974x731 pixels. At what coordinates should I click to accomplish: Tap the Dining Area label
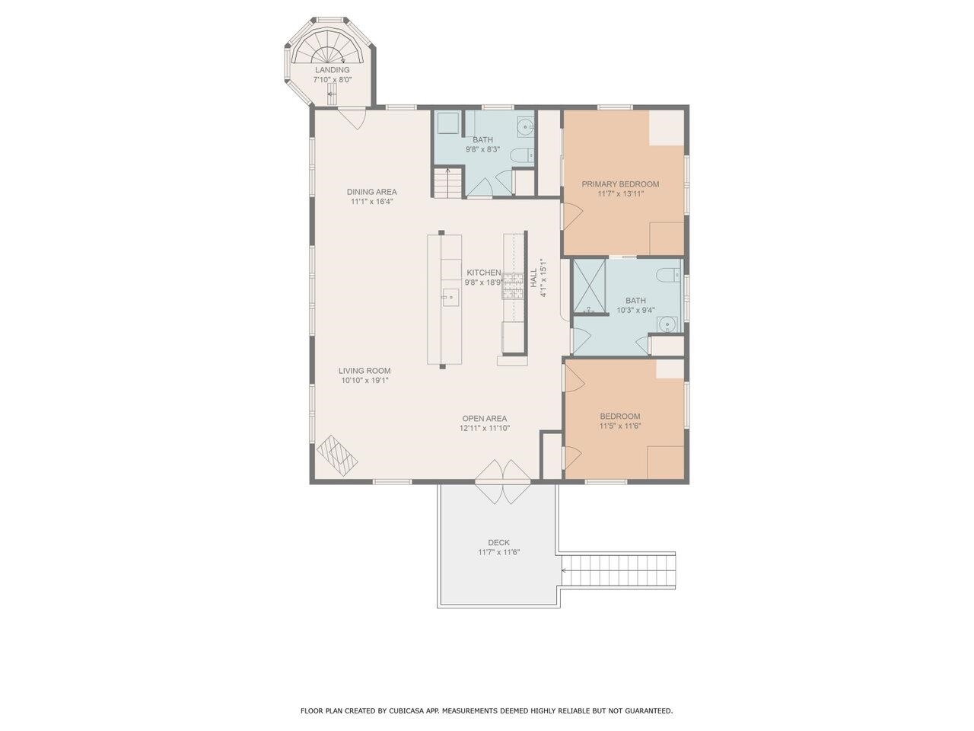tap(371, 192)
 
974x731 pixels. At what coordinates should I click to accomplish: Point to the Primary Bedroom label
tap(620, 184)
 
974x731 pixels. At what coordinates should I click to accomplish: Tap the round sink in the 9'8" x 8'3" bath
tap(525, 126)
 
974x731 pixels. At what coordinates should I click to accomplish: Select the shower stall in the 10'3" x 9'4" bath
tap(589, 286)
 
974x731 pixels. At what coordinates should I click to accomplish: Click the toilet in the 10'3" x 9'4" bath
tap(669, 274)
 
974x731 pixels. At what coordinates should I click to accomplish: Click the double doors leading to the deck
tap(502, 481)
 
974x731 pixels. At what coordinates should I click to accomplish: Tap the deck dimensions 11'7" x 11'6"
tap(498, 552)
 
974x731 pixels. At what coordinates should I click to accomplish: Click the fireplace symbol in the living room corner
tap(337, 455)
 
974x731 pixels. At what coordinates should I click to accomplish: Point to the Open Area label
tap(484, 418)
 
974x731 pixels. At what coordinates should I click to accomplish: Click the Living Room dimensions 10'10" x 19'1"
tap(365, 380)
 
